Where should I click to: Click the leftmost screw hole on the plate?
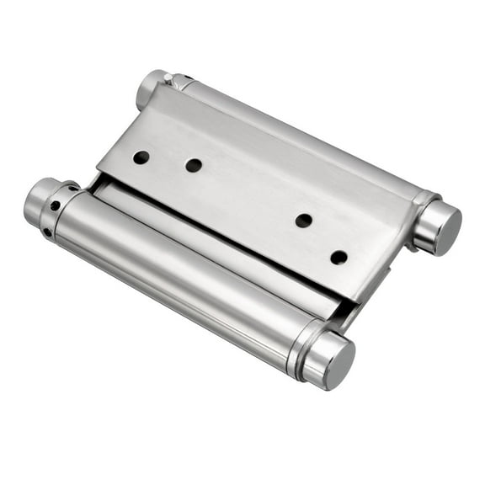click(141, 157)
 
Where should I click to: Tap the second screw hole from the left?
click(194, 166)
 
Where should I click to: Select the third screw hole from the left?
click(304, 221)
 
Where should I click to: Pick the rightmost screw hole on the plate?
click(338, 257)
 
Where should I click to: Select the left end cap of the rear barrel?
click(151, 88)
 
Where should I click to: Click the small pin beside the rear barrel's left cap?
click(169, 79)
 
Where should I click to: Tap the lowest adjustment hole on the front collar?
click(48, 231)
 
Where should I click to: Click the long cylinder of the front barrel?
click(185, 278)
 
